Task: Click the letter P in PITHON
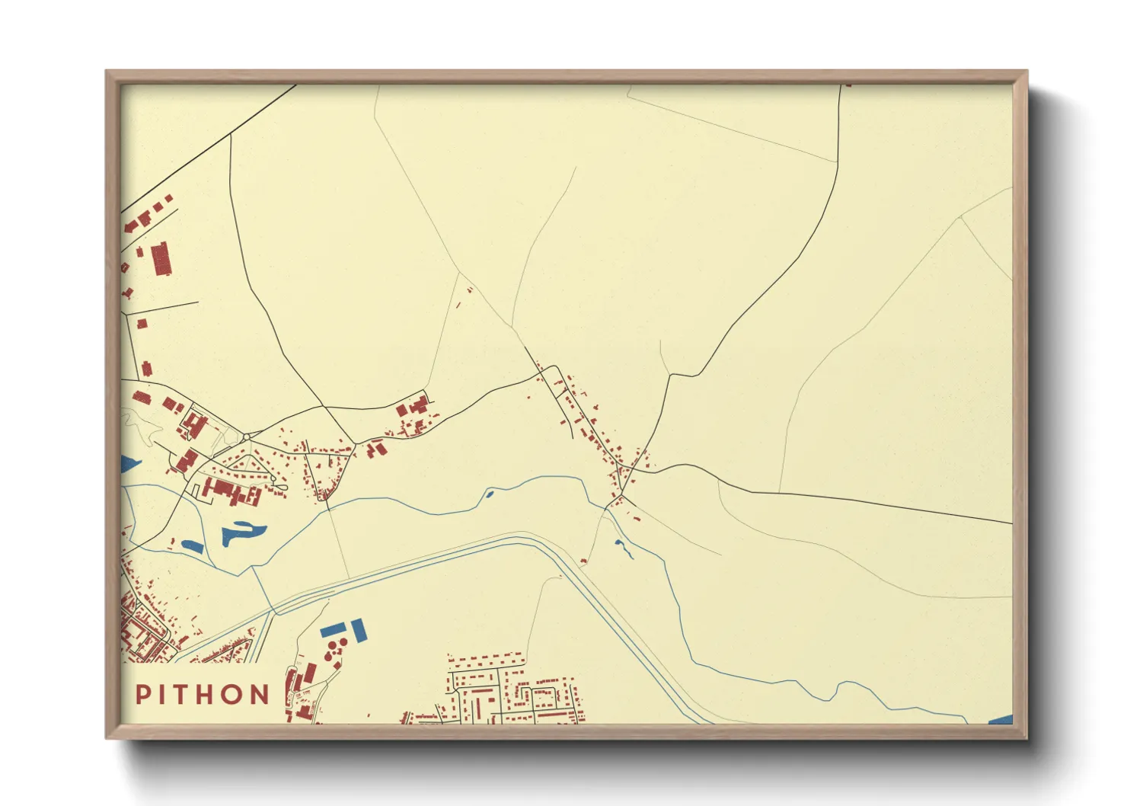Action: pyautogui.click(x=142, y=694)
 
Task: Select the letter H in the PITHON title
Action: pyautogui.click(x=200, y=694)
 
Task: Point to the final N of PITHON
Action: pyautogui.click(x=260, y=694)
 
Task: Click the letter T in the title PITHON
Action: pyautogui.click(x=174, y=694)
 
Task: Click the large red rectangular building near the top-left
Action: pyautogui.click(x=161, y=259)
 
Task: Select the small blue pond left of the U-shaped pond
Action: pyautogui.click(x=192, y=545)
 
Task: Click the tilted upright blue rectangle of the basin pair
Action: pyautogui.click(x=358, y=629)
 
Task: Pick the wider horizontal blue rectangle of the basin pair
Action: pyautogui.click(x=334, y=630)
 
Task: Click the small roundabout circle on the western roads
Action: pyautogui.click(x=247, y=437)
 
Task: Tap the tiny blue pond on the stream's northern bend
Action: pyautogui.click(x=489, y=494)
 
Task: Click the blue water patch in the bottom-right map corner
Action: pyautogui.click(x=1001, y=720)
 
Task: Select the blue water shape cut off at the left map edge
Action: pyautogui.click(x=129, y=463)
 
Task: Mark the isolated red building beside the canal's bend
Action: pyautogui.click(x=584, y=561)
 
